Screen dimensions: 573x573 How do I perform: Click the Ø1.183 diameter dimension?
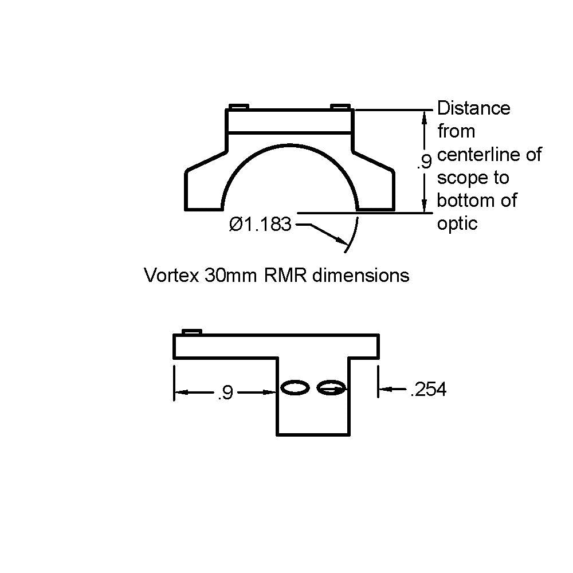click(260, 225)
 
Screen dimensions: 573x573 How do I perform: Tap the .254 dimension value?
click(428, 390)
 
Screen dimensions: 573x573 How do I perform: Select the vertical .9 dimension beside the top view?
click(424, 163)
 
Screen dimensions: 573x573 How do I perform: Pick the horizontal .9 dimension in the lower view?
click(225, 393)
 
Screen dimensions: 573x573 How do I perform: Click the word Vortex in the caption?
click(170, 276)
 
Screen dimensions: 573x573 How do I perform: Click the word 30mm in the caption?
click(231, 276)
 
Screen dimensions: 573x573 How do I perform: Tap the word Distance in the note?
click(473, 108)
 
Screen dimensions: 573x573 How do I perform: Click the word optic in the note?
click(457, 223)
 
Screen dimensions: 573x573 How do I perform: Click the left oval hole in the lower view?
click(295, 388)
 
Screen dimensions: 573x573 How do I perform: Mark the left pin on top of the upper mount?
click(238, 107)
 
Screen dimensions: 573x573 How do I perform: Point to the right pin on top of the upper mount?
click(340, 107)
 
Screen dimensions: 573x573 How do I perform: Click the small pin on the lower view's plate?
click(191, 332)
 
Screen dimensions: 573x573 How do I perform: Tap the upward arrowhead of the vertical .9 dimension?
click(424, 116)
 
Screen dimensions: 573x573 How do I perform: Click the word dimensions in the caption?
click(359, 276)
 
